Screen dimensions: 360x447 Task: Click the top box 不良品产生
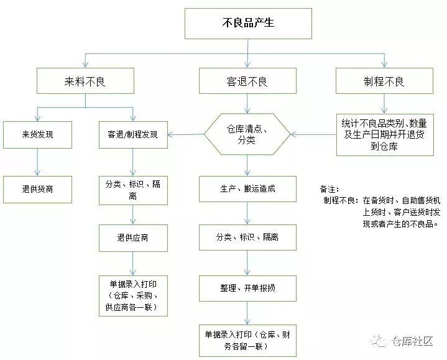[247, 24]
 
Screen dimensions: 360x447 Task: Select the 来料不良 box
[85, 81]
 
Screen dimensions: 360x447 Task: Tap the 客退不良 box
[247, 81]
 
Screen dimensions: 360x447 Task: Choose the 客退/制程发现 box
[133, 134]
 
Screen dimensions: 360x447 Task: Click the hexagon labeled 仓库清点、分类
[247, 134]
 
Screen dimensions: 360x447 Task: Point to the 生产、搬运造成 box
[247, 188]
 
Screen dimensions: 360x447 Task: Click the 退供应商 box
[133, 238]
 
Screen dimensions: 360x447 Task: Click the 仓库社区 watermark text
[413, 341]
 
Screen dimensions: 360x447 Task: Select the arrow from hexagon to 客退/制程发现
[187, 134]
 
